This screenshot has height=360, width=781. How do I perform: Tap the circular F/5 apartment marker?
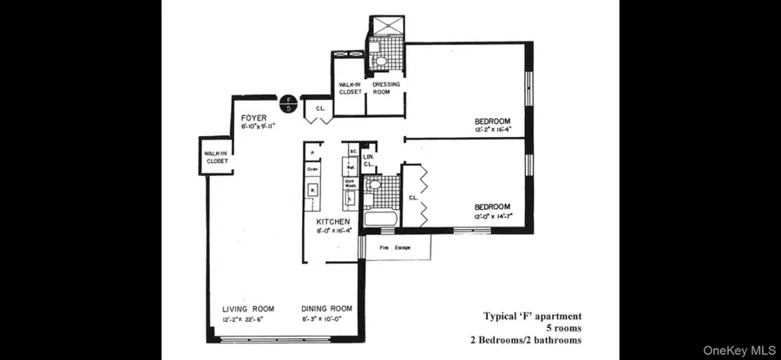tap(288, 104)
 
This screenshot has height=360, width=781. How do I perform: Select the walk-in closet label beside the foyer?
tap(216, 157)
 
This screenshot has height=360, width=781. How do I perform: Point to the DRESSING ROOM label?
tap(386, 87)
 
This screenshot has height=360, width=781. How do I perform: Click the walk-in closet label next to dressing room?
tap(350, 87)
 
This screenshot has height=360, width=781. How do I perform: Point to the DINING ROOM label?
tap(326, 309)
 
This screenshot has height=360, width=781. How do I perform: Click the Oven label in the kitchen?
tap(312, 170)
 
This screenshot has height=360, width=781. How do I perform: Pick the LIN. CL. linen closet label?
tap(368, 160)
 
